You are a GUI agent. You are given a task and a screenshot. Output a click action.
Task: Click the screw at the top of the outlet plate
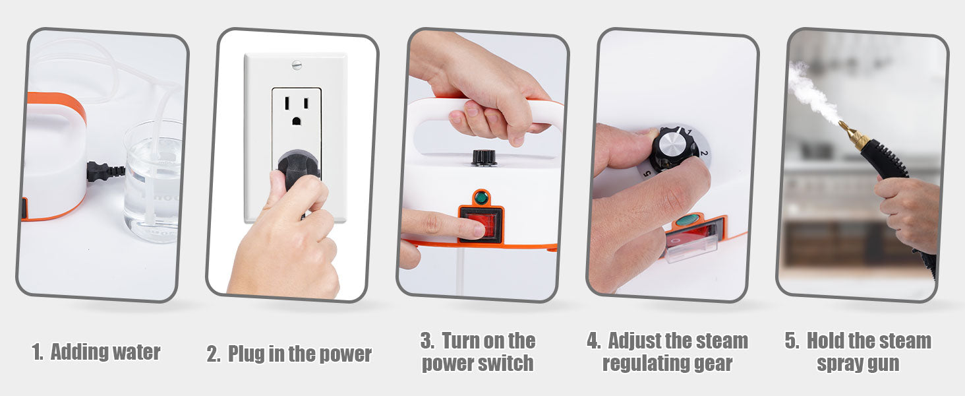(x=297, y=65)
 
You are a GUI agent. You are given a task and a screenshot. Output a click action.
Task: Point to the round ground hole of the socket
(x=297, y=121)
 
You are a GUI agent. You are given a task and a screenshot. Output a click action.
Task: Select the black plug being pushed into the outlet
(x=298, y=169)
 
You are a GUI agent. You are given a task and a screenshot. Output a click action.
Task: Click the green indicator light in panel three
(x=481, y=198)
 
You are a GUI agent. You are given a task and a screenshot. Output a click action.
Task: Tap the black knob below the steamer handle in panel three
(x=484, y=158)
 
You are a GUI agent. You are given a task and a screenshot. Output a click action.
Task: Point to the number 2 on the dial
(x=703, y=152)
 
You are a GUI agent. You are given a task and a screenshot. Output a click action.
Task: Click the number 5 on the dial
(x=647, y=174)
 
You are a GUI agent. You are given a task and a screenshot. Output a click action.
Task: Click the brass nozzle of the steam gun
(x=851, y=135)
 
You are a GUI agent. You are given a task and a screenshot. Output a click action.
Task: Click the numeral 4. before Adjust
(x=594, y=341)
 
